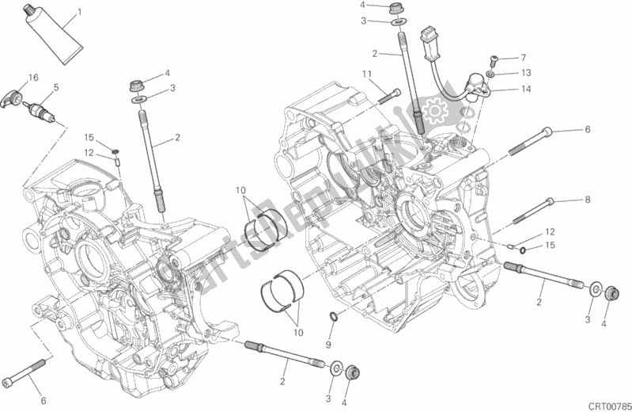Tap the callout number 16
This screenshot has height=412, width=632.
(34, 77)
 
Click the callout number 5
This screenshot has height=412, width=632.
(55, 87)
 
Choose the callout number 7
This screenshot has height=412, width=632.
(523, 58)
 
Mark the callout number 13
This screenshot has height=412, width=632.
(524, 73)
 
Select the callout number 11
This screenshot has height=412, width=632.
(367, 74)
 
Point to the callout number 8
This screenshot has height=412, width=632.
(588, 200)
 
